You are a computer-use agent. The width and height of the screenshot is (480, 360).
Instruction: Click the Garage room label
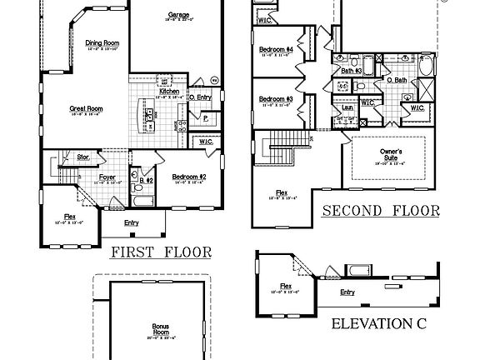(177, 15)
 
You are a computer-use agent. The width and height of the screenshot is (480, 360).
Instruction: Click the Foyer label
(107, 177)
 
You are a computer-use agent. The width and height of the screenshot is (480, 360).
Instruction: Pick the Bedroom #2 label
(188, 177)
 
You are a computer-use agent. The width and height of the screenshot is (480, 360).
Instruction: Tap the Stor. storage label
(83, 156)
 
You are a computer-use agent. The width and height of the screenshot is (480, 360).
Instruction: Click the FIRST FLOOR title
(161, 252)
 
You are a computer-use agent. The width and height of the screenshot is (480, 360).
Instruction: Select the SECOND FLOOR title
(380, 210)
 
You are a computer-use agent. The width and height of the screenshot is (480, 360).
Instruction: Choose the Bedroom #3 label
(275, 99)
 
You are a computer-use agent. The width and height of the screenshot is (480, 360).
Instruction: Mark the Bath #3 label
(352, 71)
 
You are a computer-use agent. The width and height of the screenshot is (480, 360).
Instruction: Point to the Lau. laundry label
(346, 107)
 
